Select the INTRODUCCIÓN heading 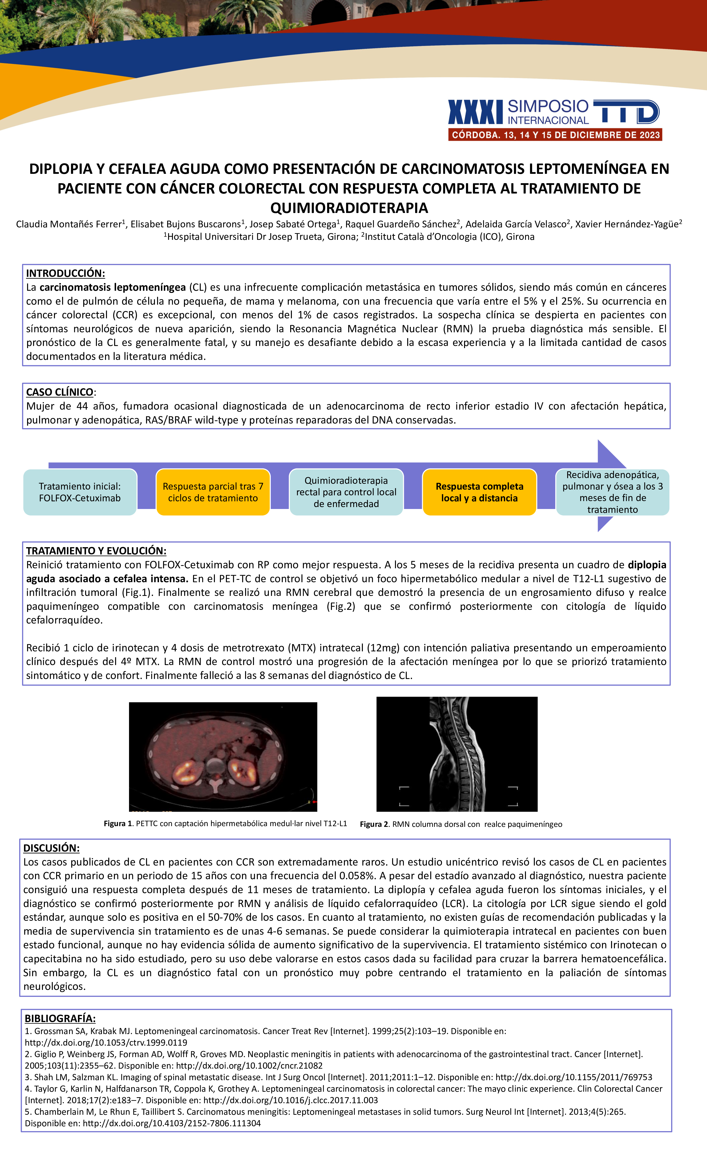pyautogui.click(x=65, y=273)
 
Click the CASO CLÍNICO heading pyautogui.click(x=59, y=392)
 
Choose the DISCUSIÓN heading pyautogui.click(x=52, y=848)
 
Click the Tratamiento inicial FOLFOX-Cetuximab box pyautogui.click(x=80, y=492)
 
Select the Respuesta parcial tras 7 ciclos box pyautogui.click(x=213, y=492)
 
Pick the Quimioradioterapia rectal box pyautogui.click(x=346, y=492)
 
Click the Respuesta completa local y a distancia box pyautogui.click(x=479, y=492)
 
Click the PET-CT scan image pyautogui.click(x=223, y=757)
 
